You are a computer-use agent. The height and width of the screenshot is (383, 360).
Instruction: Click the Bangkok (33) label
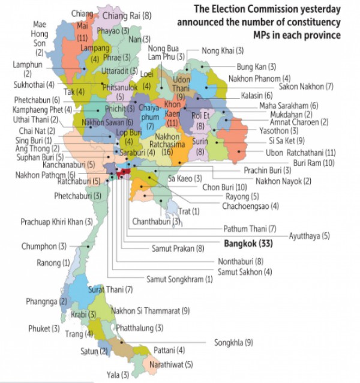pos(248,244)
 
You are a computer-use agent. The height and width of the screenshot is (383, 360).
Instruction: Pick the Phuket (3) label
pos(44,328)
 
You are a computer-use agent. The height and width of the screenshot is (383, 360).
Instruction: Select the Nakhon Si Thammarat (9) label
pos(151,311)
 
